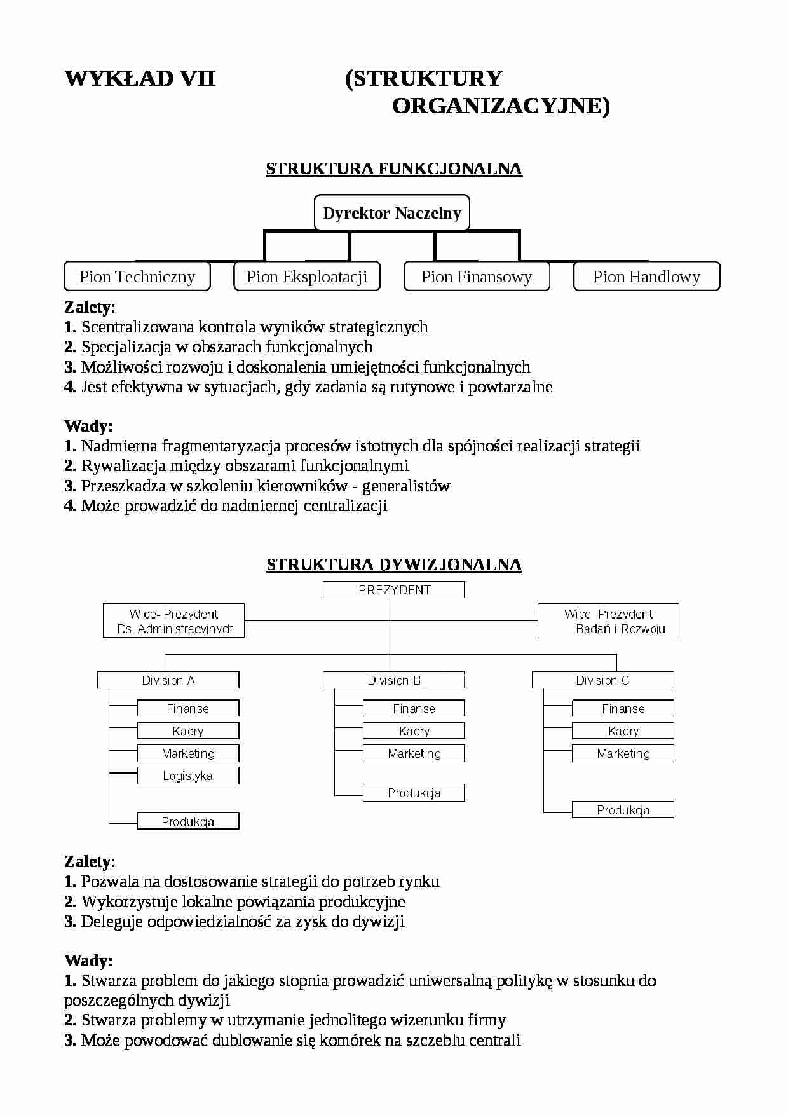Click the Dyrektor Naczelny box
tap(392, 213)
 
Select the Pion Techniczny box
tap(137, 277)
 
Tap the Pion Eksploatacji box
tap(307, 277)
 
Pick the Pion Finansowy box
tap(477, 277)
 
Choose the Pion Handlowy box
tap(646, 277)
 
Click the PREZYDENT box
tap(394, 590)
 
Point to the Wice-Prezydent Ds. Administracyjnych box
tap(174, 621)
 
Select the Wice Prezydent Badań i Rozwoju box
tap(608, 621)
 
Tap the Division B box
tap(394, 680)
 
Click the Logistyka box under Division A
tap(188, 776)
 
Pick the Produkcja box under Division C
tap(623, 810)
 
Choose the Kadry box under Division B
tap(414, 731)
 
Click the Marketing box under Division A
tap(188, 753)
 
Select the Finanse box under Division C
tap(623, 708)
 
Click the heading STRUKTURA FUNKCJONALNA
tap(394, 169)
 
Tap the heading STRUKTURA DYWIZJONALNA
tap(394, 565)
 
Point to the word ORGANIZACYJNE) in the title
tap(501, 106)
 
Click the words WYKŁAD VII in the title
tap(140, 79)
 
